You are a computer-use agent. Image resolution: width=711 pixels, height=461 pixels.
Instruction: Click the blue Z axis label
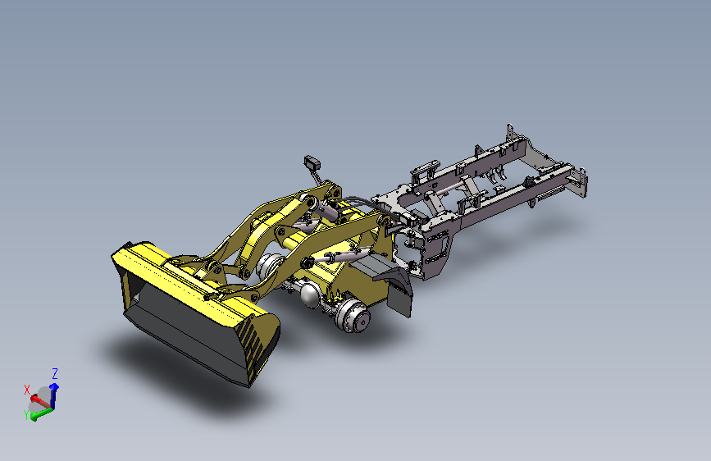[55, 374]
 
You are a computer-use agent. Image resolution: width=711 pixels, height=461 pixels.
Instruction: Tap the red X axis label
[27, 390]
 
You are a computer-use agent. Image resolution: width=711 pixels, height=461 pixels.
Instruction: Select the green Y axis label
[26, 414]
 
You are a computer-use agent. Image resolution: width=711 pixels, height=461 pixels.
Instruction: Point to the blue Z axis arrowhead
[54, 386]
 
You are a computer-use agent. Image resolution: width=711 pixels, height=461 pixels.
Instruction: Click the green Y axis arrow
[41, 413]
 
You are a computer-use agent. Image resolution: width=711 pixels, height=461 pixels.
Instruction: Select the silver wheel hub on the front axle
[353, 317]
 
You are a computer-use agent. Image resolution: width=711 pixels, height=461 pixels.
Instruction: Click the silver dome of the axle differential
[311, 294]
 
